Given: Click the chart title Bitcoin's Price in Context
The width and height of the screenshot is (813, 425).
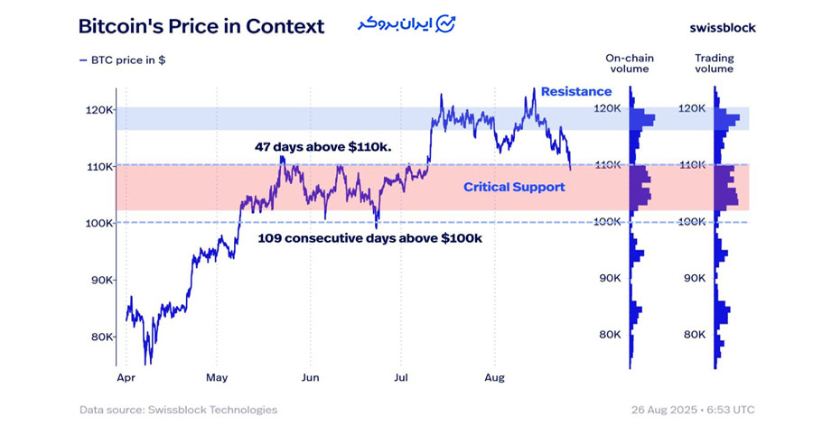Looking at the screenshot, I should (201, 26).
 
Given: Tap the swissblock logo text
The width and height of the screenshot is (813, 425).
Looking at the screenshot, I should (722, 27).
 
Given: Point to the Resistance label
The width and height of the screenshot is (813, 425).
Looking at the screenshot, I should (575, 91).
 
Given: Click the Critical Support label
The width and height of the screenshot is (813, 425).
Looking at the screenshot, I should (514, 187).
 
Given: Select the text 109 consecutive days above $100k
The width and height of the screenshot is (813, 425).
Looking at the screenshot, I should (369, 238).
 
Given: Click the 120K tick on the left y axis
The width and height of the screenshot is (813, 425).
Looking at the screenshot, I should (98, 109).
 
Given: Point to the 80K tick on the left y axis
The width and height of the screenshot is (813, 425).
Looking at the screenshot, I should (101, 337).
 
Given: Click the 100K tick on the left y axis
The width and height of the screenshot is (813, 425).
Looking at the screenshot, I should (98, 223).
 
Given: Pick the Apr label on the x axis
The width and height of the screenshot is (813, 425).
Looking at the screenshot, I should (126, 377).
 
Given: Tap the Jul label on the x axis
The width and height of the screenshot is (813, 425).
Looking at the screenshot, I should (401, 377).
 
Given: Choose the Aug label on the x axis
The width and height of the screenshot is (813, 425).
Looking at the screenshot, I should (493, 377).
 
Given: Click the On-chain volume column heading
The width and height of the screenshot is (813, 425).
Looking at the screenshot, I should (629, 64).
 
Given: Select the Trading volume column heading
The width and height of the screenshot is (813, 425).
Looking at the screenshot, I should (714, 64).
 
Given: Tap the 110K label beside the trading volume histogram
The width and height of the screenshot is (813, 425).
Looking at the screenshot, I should (693, 165).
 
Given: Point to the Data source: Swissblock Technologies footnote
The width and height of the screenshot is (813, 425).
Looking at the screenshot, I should (178, 410).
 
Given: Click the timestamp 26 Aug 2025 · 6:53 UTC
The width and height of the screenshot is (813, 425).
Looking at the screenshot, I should (693, 410).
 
